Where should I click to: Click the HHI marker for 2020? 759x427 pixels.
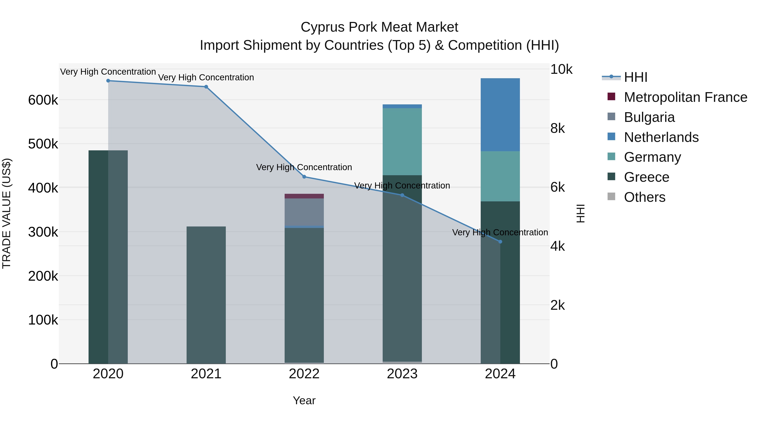(x=108, y=81)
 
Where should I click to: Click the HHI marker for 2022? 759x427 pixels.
(x=304, y=177)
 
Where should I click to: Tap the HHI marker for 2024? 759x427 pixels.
(x=500, y=242)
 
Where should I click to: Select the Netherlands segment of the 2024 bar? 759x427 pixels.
(x=500, y=115)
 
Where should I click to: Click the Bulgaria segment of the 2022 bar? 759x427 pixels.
(x=304, y=212)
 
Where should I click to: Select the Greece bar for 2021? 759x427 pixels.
(x=206, y=295)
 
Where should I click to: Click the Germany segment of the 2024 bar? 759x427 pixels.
(x=500, y=176)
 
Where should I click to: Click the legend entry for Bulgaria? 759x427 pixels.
(x=649, y=117)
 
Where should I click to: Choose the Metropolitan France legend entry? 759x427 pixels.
(x=685, y=97)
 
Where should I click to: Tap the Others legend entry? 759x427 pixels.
(x=644, y=197)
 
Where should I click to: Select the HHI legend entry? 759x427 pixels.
(x=635, y=77)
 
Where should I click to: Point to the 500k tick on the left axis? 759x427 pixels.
(x=43, y=144)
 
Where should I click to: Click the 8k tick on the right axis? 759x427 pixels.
(x=557, y=128)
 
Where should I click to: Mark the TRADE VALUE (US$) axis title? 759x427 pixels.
(x=7, y=213)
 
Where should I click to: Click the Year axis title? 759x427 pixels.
(x=304, y=400)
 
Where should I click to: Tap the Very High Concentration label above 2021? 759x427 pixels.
(x=206, y=78)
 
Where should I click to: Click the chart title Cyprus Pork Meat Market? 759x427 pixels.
(x=379, y=27)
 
